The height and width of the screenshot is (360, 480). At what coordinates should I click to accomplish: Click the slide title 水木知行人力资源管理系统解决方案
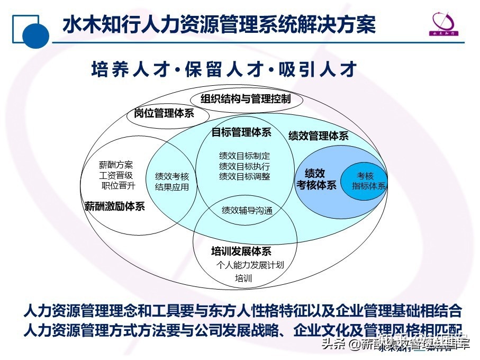point(219,25)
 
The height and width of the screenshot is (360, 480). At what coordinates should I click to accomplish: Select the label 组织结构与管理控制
point(246,99)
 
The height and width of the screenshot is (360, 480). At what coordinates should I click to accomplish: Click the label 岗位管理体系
point(164,113)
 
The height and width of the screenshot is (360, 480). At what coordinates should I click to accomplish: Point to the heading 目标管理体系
point(241,132)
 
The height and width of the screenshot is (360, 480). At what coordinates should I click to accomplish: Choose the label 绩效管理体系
point(318,136)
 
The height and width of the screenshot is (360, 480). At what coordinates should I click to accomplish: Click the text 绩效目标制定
point(244,156)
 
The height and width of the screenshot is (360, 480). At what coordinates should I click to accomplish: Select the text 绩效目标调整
point(244,176)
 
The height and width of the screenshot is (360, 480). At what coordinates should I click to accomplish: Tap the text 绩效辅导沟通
point(247,210)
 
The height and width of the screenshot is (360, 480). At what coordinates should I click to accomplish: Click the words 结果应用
point(171,187)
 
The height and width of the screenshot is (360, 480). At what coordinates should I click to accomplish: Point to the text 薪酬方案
point(116,165)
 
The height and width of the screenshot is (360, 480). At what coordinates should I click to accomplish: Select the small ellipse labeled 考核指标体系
point(366,181)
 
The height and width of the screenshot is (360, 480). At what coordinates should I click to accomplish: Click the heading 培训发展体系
point(241,251)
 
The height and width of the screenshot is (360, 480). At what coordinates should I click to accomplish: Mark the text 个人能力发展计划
point(250,265)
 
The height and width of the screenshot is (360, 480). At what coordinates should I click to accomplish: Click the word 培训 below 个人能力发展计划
point(243,278)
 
